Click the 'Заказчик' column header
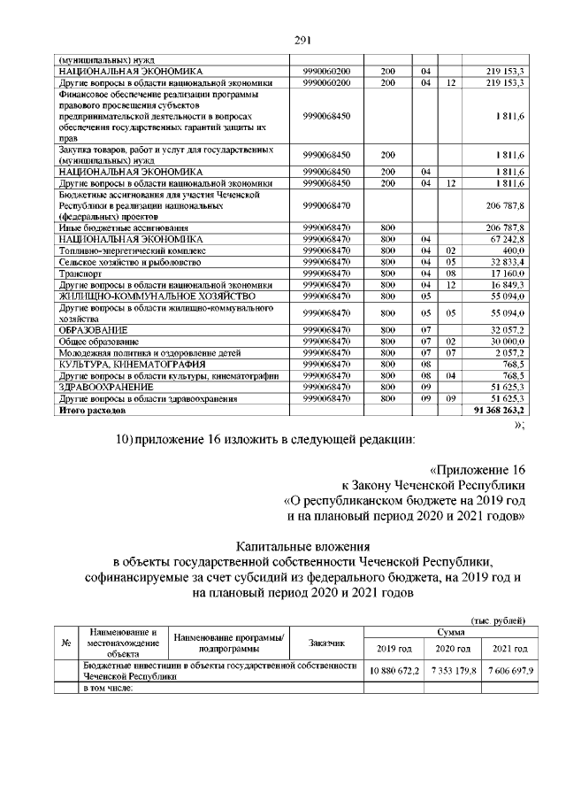point(327,643)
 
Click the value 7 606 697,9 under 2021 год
point(508,671)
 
